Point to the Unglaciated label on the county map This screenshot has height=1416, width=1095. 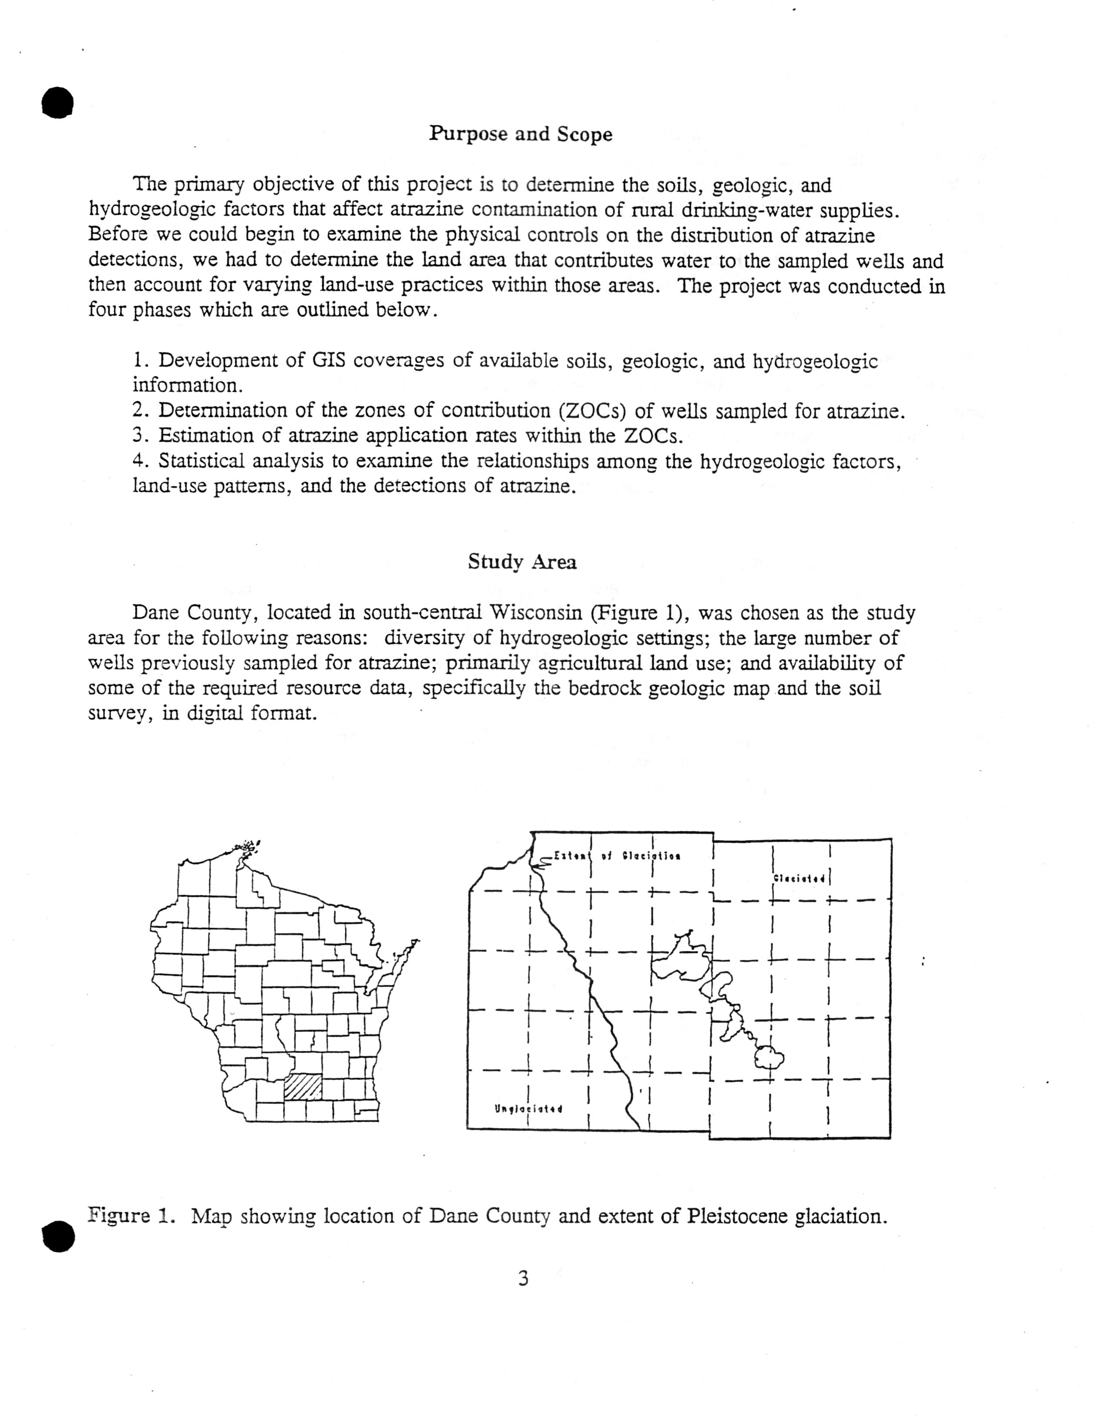coord(528,1108)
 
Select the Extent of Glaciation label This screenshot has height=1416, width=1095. coord(616,856)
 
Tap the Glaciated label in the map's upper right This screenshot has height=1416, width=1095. coord(799,879)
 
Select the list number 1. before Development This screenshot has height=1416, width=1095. coord(141,361)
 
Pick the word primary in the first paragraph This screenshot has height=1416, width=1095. coord(209,185)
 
